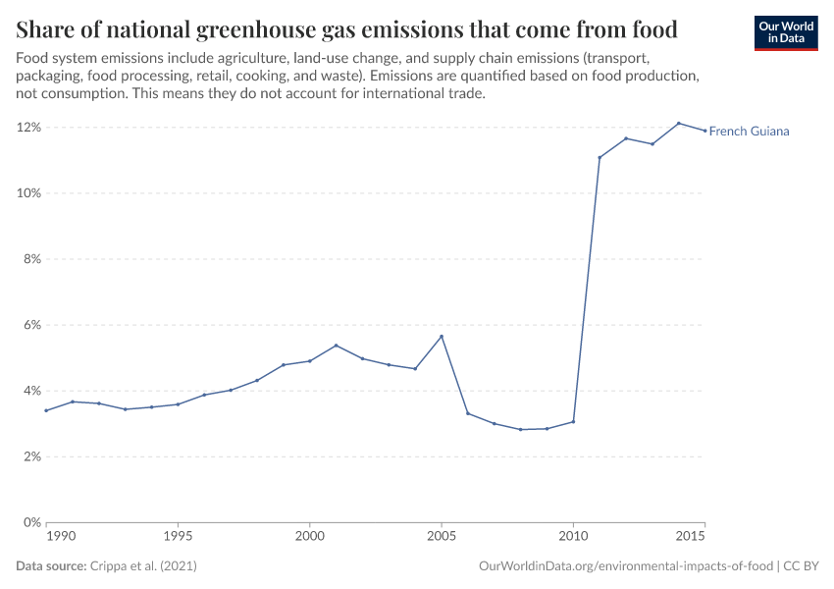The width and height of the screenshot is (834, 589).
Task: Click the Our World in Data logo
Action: (785, 32)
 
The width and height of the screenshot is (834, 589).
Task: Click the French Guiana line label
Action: (749, 131)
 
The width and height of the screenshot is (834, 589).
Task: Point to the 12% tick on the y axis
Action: (27, 128)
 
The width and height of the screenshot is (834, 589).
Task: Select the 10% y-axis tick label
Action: (27, 193)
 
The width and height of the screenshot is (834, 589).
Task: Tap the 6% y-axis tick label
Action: (30, 325)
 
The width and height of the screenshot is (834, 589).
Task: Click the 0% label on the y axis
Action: (30, 522)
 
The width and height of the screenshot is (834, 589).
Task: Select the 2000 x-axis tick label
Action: (310, 538)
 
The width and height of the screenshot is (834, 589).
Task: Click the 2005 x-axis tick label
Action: (442, 538)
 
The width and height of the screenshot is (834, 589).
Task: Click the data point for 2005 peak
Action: (442, 336)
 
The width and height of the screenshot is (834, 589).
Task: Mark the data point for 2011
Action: (599, 157)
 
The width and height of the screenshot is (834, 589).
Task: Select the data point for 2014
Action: (678, 123)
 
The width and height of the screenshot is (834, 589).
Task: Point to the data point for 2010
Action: (573, 421)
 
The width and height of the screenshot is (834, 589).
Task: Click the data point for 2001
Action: (336, 346)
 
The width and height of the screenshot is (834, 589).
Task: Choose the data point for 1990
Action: (46, 410)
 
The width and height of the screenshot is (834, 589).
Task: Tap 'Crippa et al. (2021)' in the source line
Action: (145, 567)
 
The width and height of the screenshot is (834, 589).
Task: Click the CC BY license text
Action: (801, 567)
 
